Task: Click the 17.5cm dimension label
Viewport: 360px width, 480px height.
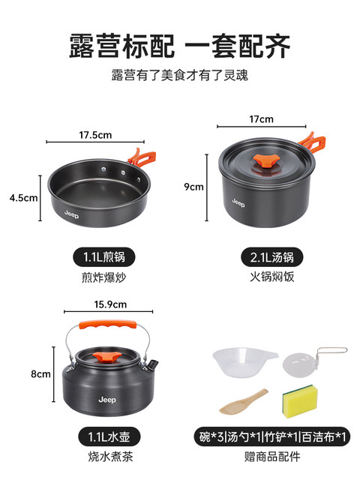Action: coord(95,135)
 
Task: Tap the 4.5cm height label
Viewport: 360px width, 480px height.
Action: coord(23,198)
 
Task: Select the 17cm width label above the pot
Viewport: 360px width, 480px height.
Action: coord(261,119)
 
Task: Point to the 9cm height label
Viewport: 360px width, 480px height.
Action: coord(193,187)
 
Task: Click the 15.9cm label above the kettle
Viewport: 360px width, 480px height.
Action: coord(110,304)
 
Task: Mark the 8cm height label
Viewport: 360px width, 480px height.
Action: coord(40,373)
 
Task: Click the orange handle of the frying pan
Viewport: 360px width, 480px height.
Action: coord(142,157)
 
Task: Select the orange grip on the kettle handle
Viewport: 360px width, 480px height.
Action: coord(108,325)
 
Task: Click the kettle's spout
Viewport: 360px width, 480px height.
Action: coord(153,364)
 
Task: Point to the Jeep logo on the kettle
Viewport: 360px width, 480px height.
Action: coord(107,400)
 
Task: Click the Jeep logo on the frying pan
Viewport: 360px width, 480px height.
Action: coord(72,214)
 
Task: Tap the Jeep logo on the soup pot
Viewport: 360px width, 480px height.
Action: coord(238,202)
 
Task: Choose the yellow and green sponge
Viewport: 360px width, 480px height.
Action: coord(300,401)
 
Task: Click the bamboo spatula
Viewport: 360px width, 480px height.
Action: coord(243,402)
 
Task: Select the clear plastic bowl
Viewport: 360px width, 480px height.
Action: coord(245,362)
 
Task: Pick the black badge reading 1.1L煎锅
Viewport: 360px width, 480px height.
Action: coord(104,257)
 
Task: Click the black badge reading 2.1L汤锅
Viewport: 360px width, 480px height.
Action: coord(271,257)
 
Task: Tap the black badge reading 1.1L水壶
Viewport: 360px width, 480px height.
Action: coord(109,436)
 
